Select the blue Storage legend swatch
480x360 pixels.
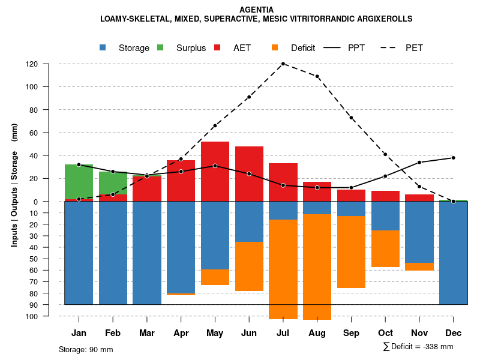click(104, 47)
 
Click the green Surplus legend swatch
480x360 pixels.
click(160, 47)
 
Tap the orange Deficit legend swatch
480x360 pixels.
click(275, 47)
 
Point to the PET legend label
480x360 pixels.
click(414, 48)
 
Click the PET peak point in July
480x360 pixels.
click(283, 64)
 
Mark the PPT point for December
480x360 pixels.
click(454, 158)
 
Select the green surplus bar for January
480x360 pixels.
click(79, 181)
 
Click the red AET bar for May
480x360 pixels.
click(215, 171)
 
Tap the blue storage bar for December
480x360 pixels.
click(454, 253)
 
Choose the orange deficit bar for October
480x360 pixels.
click(386, 248)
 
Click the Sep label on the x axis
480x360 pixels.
click(351, 333)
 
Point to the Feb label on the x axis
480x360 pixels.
click(113, 333)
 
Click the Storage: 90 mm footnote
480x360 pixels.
click(86, 349)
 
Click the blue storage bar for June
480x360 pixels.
click(249, 221)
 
